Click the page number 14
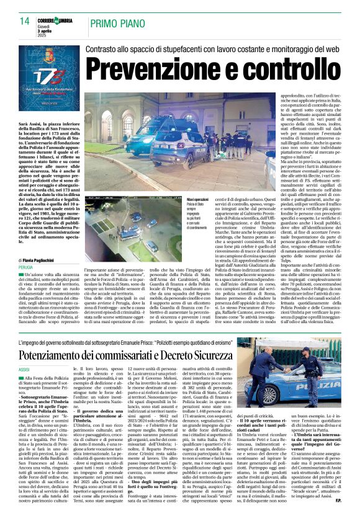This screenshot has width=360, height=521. pos(25,21)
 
